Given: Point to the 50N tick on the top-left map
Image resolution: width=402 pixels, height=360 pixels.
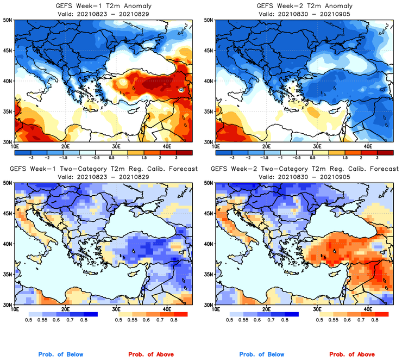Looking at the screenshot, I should pos(7,20).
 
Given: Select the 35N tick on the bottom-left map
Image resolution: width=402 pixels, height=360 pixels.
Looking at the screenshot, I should pos(7,274).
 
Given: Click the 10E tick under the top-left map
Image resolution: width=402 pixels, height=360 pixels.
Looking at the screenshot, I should pos(14,146).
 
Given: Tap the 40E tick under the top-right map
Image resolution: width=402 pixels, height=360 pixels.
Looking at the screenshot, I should pos(369,146).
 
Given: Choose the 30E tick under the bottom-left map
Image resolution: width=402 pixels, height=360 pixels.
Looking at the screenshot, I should pos(116,309).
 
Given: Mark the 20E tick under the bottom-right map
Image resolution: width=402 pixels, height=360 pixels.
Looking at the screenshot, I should pos(267,309).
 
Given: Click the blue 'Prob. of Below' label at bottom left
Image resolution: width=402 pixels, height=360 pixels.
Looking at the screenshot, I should pos(60,355).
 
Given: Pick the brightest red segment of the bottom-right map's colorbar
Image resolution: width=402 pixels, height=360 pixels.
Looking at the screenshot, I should pos(382,314).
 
